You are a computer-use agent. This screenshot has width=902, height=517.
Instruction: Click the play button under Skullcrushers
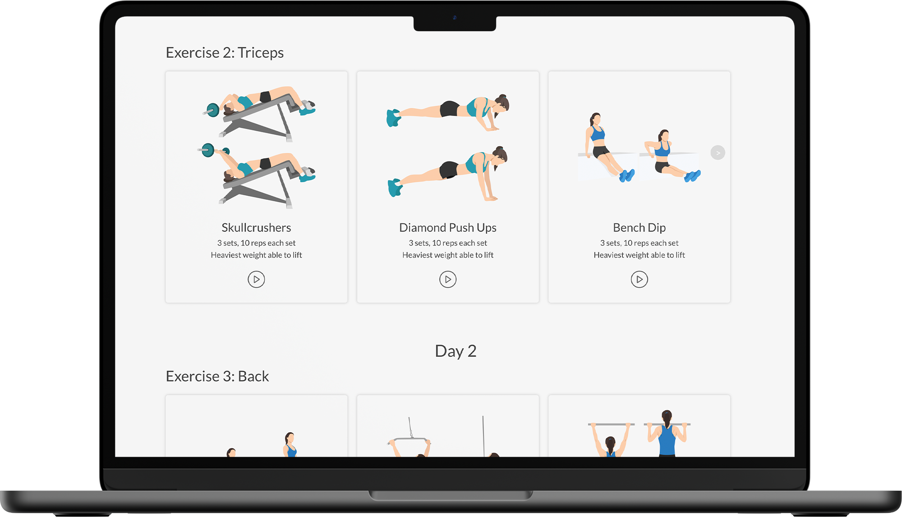click(256, 279)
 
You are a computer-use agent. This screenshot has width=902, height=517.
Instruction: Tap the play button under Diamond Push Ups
click(448, 279)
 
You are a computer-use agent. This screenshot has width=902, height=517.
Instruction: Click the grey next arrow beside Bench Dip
click(718, 153)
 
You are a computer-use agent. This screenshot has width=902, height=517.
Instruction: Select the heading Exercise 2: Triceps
click(225, 53)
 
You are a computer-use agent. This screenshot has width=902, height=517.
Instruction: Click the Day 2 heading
click(456, 351)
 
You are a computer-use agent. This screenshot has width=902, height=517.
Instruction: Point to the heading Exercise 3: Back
click(217, 376)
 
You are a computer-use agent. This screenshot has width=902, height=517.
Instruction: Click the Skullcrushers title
click(256, 227)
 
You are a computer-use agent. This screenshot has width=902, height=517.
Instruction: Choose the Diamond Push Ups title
click(448, 227)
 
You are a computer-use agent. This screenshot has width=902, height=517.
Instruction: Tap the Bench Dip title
click(639, 227)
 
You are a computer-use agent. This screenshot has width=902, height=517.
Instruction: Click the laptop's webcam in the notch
click(455, 18)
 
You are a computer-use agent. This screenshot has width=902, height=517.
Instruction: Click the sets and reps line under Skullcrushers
click(256, 243)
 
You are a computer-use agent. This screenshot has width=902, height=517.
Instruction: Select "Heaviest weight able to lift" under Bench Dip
click(639, 255)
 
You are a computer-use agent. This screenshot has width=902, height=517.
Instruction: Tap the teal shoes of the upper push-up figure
click(393, 118)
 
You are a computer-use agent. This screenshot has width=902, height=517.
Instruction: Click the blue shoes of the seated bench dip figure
click(626, 175)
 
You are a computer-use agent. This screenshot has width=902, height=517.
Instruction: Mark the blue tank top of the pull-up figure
click(667, 440)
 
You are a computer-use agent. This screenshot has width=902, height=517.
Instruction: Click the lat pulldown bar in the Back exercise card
click(410, 439)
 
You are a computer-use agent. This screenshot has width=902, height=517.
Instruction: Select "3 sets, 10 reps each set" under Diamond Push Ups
click(448, 243)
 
